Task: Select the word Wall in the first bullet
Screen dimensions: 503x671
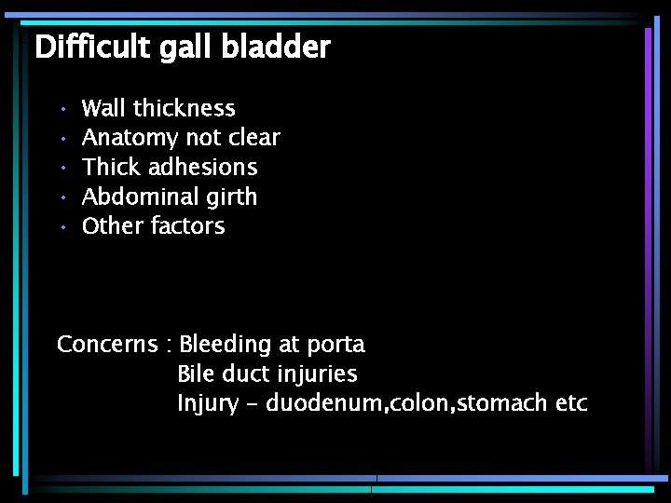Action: (x=103, y=109)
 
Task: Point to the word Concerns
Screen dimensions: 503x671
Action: (x=106, y=345)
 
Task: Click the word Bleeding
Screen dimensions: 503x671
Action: (x=224, y=346)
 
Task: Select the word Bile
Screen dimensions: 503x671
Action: (x=196, y=374)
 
